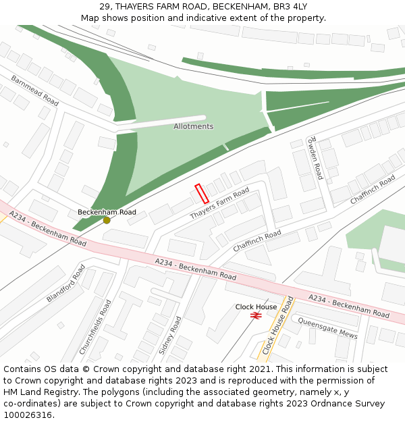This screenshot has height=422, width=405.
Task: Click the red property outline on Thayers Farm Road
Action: [201, 194]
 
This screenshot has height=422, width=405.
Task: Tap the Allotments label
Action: [193, 126]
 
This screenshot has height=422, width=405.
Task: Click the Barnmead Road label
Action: [34, 90]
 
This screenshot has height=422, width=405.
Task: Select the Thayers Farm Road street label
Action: [219, 203]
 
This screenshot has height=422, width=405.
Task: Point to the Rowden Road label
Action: [315, 157]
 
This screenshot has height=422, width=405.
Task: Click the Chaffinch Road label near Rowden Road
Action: [373, 190]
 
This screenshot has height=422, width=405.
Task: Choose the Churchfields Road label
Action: [95, 327]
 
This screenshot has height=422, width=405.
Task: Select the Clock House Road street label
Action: [278, 326]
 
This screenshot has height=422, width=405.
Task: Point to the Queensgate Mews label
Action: [327, 329]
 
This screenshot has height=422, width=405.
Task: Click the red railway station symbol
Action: [256, 315]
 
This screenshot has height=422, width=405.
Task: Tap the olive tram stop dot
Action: [107, 220]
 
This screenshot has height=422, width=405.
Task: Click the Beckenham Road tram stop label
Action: [107, 211]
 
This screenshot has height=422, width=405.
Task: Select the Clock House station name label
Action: [256, 307]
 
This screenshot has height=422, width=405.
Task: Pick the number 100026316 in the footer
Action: [28, 415]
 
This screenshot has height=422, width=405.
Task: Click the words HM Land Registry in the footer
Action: [38, 392]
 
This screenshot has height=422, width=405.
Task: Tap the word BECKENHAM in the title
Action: [235, 6]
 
